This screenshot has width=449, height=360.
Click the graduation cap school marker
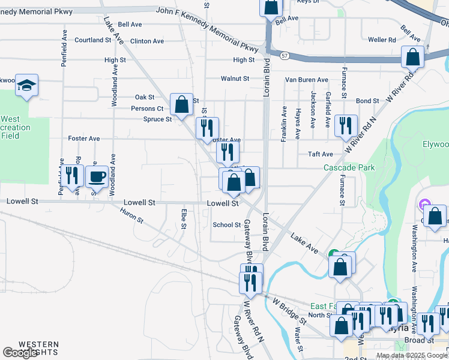coord(27,86)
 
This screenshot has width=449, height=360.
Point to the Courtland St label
coord(93,40)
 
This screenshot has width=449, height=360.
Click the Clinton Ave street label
coord(147,41)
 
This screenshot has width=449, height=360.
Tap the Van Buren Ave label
coord(306,80)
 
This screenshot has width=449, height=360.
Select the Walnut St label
coord(235,79)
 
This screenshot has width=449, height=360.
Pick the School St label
coord(227,225)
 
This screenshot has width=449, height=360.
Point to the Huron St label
coord(132,216)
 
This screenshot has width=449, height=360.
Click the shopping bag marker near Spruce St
coord(181,104)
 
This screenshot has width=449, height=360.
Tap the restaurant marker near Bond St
coord(346,125)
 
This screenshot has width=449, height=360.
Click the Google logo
coord(20,353)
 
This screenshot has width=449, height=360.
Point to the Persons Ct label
coord(148,109)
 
